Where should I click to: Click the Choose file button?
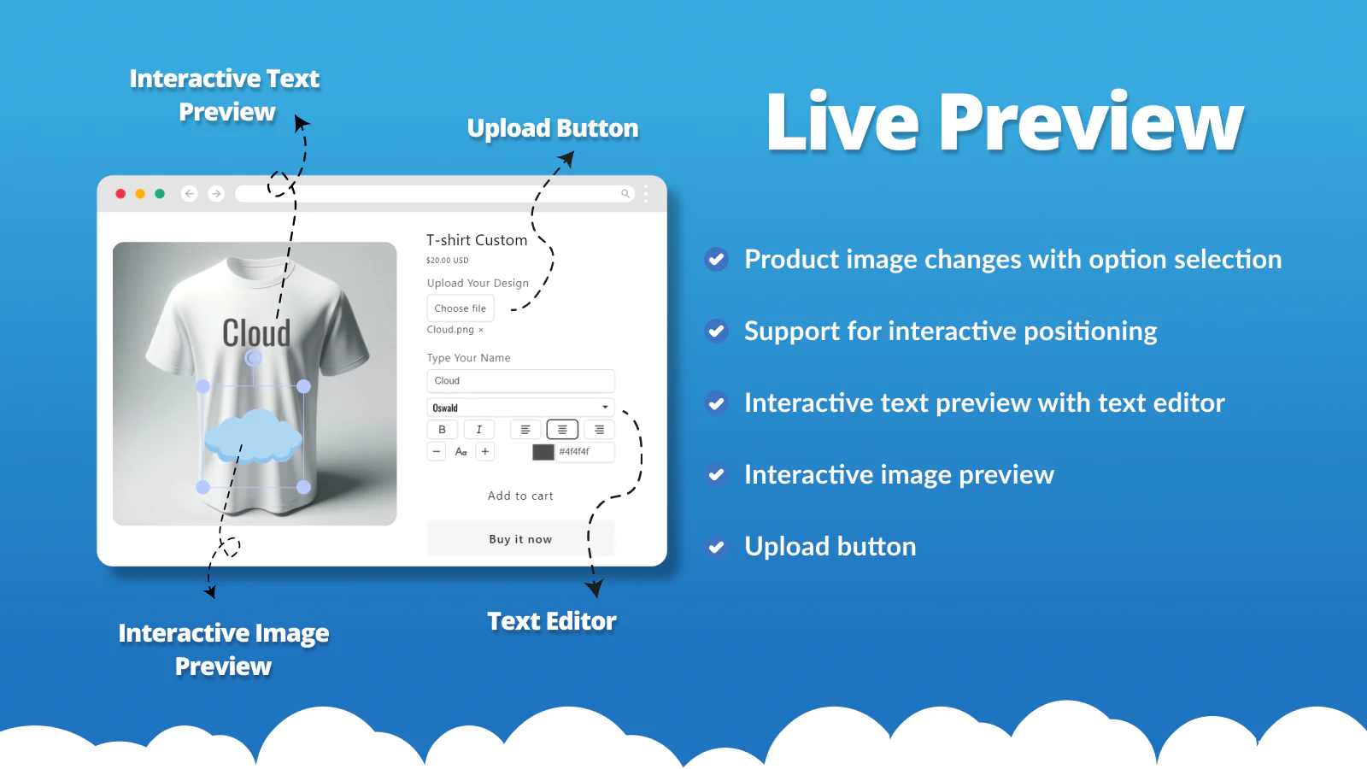[460, 308]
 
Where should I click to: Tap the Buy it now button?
[520, 539]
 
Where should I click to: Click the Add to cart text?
[520, 496]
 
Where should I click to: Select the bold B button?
[442, 430]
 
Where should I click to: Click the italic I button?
[478, 430]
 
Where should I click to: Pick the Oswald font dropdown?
[520, 408]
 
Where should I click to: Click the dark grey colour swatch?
[543, 452]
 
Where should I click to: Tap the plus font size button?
[485, 451]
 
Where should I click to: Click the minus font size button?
[437, 451]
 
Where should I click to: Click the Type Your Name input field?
[520, 381]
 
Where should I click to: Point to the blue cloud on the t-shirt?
[254, 436]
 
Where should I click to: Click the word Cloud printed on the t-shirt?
[256, 333]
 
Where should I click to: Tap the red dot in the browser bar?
[120, 194]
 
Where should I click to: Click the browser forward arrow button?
[216, 194]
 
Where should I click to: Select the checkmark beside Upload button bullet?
[716, 547]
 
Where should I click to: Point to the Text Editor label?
[552, 621]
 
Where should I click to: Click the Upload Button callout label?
[553, 128]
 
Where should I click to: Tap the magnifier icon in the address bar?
[625, 194]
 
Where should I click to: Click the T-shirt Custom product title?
[477, 240]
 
